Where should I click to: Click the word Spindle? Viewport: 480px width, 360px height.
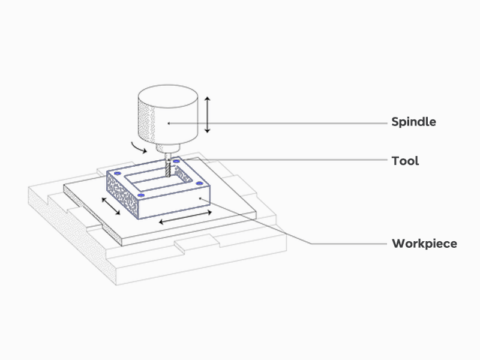point(413,122)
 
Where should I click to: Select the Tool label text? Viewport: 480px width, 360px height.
point(405,161)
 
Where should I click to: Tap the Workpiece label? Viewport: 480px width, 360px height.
point(424,244)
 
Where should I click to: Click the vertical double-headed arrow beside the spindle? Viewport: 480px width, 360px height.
point(207,115)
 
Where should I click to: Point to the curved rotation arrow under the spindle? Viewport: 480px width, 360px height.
point(139,146)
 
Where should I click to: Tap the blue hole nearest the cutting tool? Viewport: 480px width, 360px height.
point(176,161)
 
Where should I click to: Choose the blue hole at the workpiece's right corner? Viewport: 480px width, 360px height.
point(199,182)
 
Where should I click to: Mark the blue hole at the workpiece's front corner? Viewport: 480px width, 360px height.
point(140,196)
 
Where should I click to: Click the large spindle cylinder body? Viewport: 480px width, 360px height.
point(169,114)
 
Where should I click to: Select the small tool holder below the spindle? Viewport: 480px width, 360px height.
point(167,148)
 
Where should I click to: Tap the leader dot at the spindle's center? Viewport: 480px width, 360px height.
point(170,123)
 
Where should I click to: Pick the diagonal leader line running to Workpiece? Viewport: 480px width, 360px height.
point(264,222)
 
